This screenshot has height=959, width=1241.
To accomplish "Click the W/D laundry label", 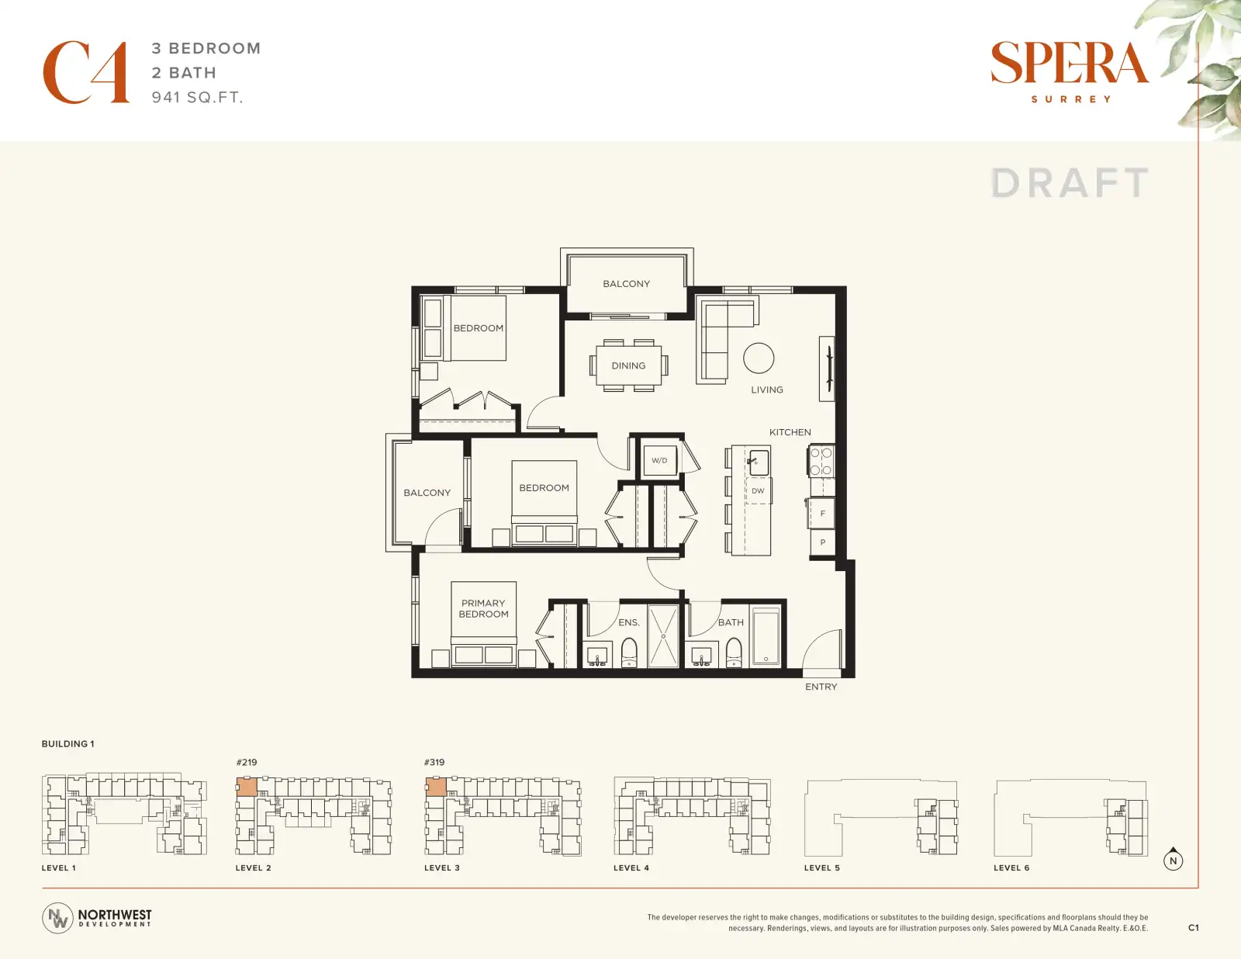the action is [x=659, y=460].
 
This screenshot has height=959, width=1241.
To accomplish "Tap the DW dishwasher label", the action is [x=758, y=490].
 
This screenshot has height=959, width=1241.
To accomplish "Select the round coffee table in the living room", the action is [x=759, y=358].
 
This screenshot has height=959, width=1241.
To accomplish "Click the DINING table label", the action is [x=628, y=365].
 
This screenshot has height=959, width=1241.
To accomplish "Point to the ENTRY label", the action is [x=821, y=687].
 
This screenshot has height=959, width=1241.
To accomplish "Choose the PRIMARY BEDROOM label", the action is [x=483, y=608].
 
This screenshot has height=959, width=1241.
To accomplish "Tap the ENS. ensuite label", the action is [x=629, y=622].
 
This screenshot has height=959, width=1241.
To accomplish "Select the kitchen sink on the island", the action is [x=758, y=462].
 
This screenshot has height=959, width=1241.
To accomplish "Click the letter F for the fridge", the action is [x=822, y=514].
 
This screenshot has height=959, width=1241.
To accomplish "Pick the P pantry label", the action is [x=822, y=542].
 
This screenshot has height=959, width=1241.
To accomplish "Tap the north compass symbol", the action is [x=1173, y=859].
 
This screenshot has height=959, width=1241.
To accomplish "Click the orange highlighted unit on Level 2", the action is [x=247, y=787].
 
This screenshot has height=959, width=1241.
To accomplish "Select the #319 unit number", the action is [x=434, y=762].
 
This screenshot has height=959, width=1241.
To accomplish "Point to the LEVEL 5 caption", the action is [x=822, y=867].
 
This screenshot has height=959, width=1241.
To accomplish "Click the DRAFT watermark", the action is [x=1069, y=183].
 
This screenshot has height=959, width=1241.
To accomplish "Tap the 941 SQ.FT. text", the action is [x=198, y=97].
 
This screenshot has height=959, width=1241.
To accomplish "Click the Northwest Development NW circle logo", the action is [x=57, y=918].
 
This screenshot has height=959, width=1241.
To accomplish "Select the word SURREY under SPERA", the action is [x=1071, y=99].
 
